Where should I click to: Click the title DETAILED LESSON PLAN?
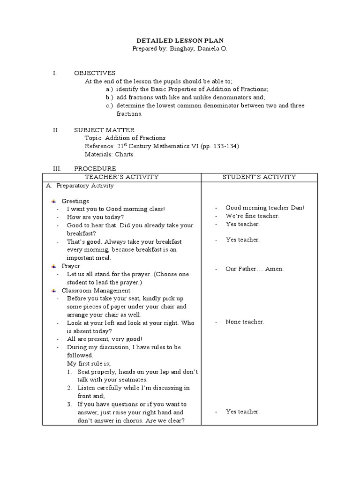click(180, 40)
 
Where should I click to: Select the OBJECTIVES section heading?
click(95, 73)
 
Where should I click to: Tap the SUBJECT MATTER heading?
click(105, 130)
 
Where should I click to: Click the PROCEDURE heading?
click(95, 168)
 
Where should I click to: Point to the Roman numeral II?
click(55, 130)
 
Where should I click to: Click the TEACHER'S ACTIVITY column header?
click(122, 177)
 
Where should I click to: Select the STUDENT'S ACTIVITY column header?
click(259, 177)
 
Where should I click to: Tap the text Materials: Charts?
click(109, 154)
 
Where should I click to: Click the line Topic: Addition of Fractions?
click(125, 138)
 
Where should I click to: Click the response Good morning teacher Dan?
click(265, 208)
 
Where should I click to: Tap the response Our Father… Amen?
click(255, 269)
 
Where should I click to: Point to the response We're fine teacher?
click(252, 216)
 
